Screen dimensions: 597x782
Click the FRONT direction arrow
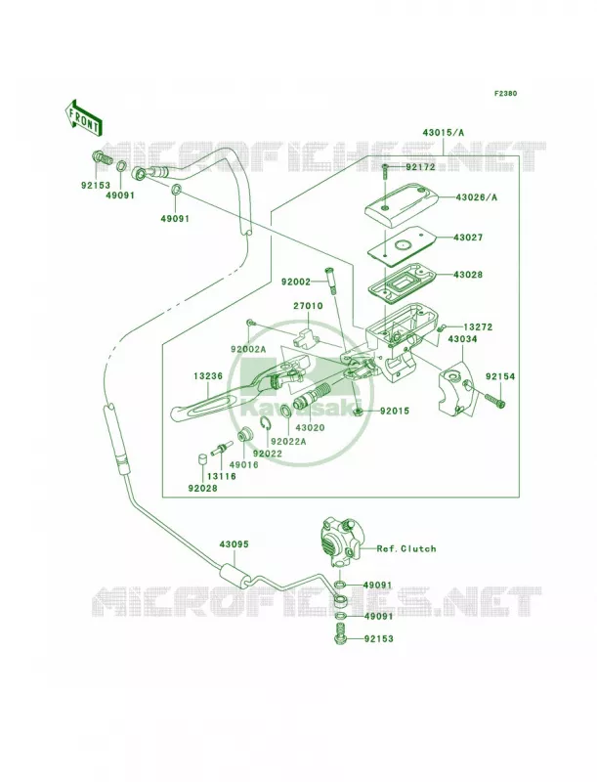click(83, 117)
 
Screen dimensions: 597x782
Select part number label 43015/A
click(443, 133)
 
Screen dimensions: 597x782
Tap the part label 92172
click(420, 167)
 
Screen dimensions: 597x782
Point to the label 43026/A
click(476, 197)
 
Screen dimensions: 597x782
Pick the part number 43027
click(468, 238)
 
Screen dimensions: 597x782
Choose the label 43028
click(468, 275)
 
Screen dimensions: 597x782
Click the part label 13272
click(478, 327)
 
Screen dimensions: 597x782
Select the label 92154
click(500, 377)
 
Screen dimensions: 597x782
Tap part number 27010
click(308, 306)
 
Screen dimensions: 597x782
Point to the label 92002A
click(248, 350)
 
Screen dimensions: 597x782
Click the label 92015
click(394, 412)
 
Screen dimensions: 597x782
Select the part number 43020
click(310, 427)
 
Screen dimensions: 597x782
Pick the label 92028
click(203, 488)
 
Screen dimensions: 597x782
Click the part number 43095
click(234, 545)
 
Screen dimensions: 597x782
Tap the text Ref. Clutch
click(406, 548)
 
